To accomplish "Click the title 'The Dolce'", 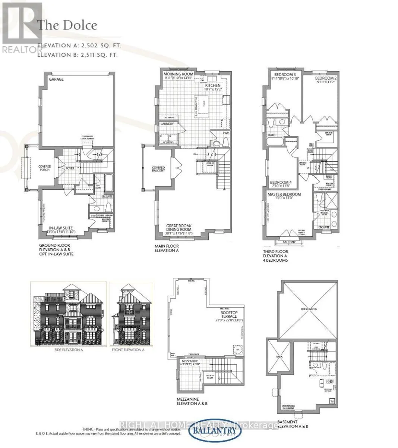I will [67, 25].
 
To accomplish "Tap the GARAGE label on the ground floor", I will [56, 79].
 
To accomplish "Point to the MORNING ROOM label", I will [179, 74].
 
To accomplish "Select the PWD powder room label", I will [226, 133].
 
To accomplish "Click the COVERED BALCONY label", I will [158, 169].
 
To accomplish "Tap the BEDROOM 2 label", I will [326, 78].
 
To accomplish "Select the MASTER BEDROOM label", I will [284, 195].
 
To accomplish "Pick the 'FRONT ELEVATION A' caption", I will [128, 350].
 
